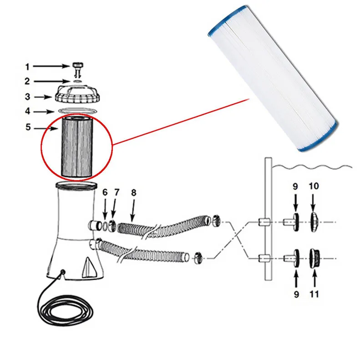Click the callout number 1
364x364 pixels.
coord(27,67)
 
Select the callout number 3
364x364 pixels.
coord(27,96)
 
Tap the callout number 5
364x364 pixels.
coord(27,128)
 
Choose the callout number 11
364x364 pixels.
coord(313,294)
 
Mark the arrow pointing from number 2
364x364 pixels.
coord(55,81)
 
